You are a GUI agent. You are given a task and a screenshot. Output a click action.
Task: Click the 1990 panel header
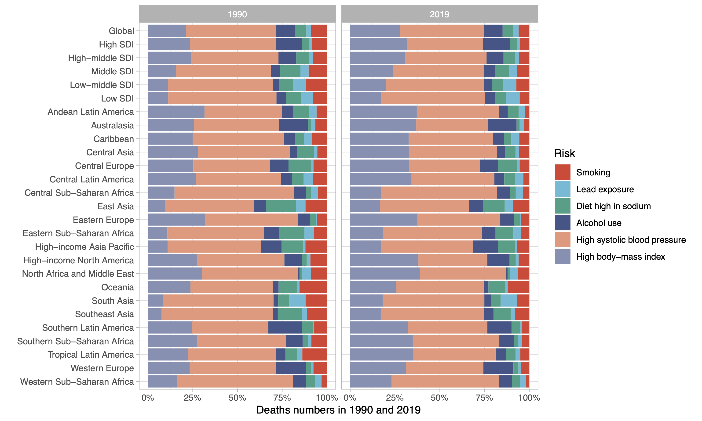coord(237,14)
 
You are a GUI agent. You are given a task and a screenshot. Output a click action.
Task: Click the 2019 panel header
coord(439,14)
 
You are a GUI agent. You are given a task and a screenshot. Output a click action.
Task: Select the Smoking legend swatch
coord(562,172)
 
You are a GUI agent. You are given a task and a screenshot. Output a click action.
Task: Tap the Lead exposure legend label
coord(605,189)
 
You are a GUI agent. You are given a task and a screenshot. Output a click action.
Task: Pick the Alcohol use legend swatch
coord(562,223)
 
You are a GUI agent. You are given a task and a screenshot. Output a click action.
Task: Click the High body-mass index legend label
coord(620,256)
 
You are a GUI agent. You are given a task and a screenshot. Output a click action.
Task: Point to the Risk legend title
coord(564,153)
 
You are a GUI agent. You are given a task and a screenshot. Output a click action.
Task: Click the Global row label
coord(121,31)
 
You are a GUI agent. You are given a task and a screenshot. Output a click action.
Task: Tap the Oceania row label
coord(117,287)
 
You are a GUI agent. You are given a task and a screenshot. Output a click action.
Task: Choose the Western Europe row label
coord(102,368)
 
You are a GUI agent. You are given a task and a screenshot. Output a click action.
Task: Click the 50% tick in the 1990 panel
coord(237,398)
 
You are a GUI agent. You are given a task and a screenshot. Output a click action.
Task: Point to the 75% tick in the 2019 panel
coord(484,398)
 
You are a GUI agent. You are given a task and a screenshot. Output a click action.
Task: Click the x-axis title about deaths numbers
coord(338,410)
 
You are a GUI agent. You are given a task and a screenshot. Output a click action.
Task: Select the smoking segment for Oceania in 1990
coord(313,287)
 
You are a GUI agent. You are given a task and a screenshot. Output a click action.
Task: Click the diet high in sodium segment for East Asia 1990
coord(281,206)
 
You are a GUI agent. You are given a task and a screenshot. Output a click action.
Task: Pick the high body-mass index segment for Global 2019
coord(375,31)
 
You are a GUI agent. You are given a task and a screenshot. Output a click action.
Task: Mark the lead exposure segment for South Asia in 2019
coord(508,301)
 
